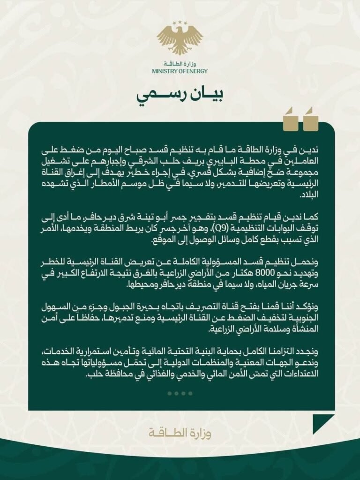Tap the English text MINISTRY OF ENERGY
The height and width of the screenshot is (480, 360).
point(180,71)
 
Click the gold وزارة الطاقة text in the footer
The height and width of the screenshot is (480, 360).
point(180,432)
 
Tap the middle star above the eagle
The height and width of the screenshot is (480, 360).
point(180,22)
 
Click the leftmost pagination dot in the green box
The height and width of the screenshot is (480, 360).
point(169,393)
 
